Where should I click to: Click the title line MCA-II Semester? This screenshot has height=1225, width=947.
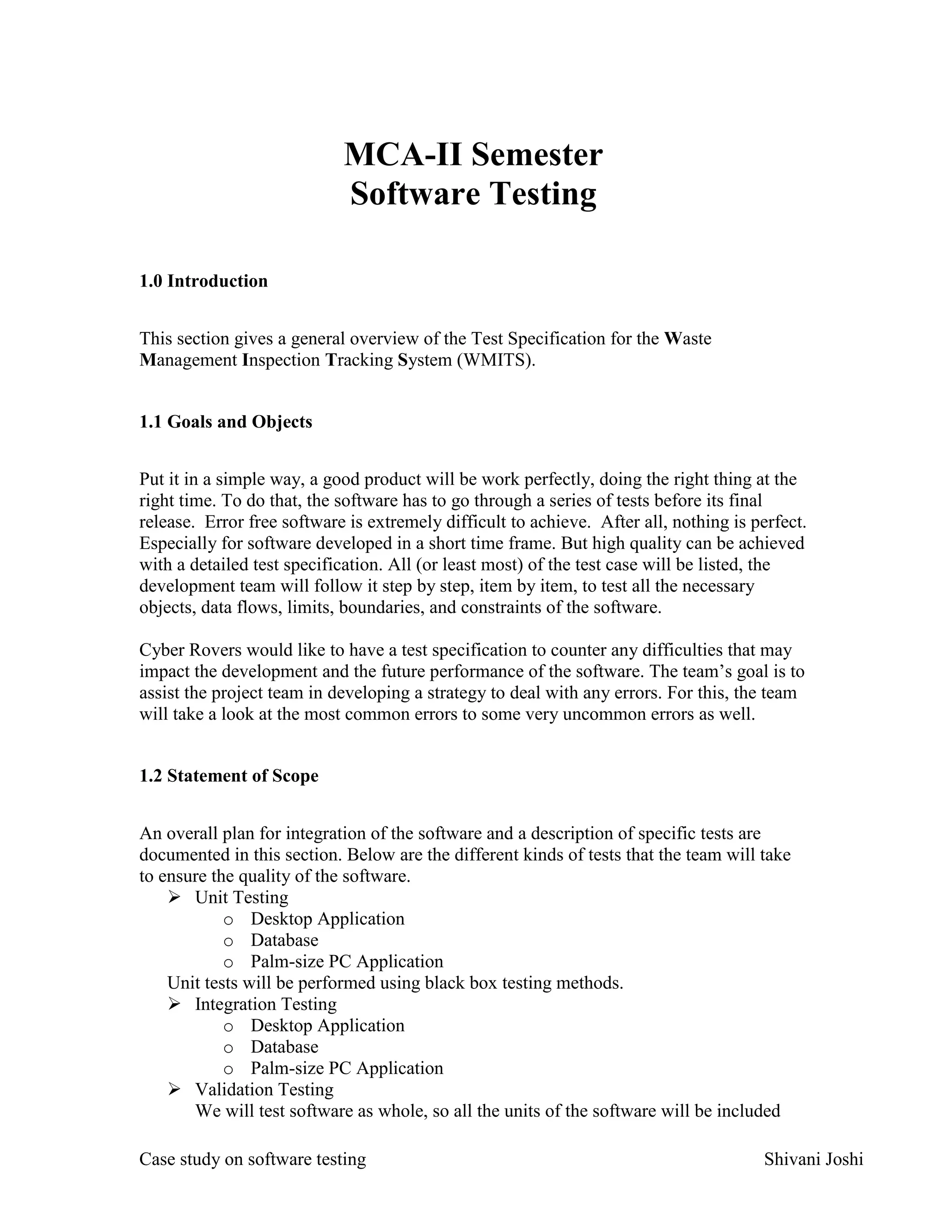pos(473,154)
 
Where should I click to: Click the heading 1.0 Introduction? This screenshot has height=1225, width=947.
pos(203,281)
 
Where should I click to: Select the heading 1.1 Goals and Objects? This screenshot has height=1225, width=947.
pos(226,422)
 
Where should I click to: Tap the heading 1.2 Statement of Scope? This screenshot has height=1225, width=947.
pos(228,776)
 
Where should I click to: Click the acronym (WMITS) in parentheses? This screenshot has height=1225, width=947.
pos(496,360)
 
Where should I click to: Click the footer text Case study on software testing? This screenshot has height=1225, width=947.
pos(252,1159)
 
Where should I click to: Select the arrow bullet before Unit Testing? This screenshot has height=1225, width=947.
pos(174,897)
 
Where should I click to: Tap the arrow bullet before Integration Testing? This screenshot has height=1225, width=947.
pos(174,1004)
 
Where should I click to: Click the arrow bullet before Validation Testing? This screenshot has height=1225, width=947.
pos(174,1089)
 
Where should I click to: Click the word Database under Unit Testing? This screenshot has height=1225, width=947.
pos(284,940)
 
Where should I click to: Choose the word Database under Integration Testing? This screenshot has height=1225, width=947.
pos(284,1047)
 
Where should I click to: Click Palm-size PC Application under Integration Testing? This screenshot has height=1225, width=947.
pos(347,1068)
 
